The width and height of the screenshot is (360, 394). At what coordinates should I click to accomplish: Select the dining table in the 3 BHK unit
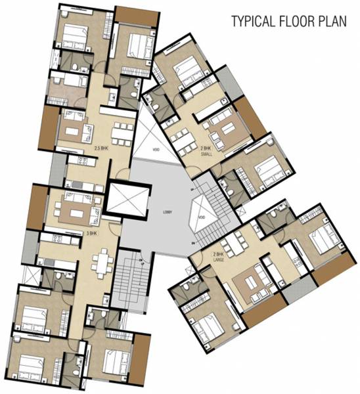[x=101, y=263]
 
